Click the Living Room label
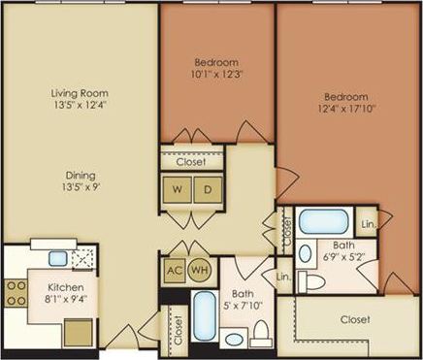79,94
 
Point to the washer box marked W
179,188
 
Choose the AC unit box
176,270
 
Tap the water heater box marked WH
199,270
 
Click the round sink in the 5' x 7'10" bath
234,339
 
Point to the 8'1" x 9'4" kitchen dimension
66,301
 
